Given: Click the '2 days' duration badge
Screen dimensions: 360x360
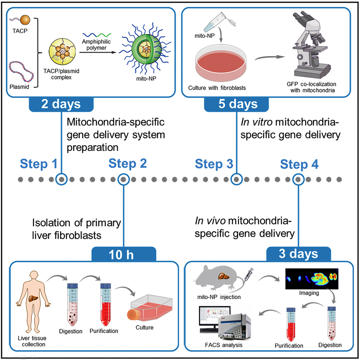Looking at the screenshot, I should click(x=61, y=104).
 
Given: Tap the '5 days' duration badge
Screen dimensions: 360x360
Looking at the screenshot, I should click(x=236, y=104).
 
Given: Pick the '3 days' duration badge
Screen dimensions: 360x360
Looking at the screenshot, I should click(x=298, y=254).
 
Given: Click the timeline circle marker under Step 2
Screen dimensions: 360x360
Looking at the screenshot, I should click(x=124, y=179).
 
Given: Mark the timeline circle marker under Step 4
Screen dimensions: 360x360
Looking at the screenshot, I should click(x=298, y=179).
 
